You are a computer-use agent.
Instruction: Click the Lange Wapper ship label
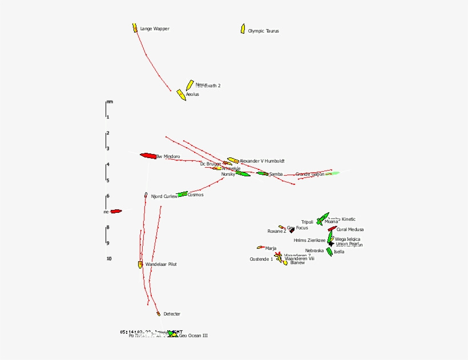pos(155,29)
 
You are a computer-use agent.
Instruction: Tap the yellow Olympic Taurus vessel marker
pos(243,29)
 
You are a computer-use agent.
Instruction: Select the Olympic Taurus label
pos(264,31)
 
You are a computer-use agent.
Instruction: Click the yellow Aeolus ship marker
pos(181,95)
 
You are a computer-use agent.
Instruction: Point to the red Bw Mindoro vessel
pos(148,155)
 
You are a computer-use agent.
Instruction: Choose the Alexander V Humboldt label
pos(262,161)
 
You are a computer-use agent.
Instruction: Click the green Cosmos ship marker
pos(182,195)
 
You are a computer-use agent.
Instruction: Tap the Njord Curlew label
pos(164,197)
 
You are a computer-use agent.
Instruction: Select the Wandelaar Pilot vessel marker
pos(140,265)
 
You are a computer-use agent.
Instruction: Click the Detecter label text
pos(172,314)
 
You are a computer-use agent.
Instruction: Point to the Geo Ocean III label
pos(193,336)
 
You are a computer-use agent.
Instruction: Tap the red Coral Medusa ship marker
pos(332,229)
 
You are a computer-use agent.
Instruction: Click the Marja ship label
pos(271,248)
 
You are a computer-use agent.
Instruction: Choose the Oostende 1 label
pos(261,259)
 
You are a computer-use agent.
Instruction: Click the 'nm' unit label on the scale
pos(110,102)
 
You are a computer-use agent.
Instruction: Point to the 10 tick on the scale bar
pos(108,259)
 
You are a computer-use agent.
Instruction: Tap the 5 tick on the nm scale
pos(107,180)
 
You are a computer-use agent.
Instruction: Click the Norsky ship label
pos(228,175)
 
